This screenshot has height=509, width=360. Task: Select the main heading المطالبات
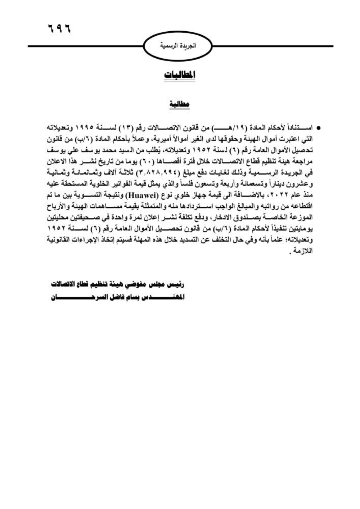pos(180,75)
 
